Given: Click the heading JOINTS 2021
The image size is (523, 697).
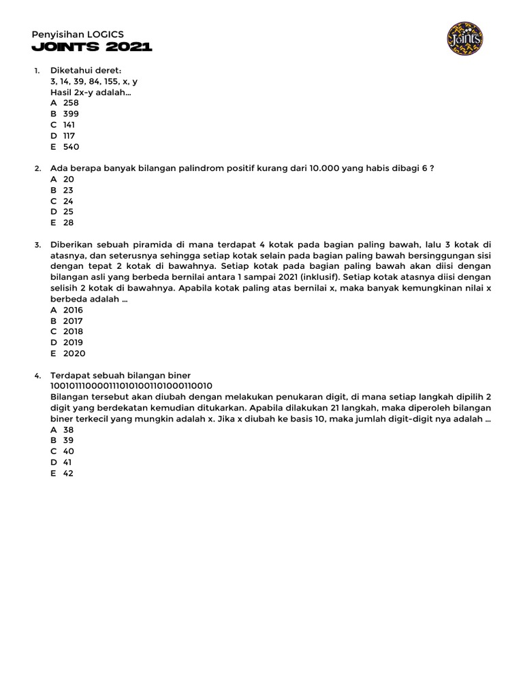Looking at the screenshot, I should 92,47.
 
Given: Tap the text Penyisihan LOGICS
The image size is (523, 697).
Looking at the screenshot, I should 78,33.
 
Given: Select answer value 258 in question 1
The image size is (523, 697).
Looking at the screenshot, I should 71,103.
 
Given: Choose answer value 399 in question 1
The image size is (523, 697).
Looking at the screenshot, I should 71,114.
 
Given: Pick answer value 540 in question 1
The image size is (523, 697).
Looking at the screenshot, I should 71,146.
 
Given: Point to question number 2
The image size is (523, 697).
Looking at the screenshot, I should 37,169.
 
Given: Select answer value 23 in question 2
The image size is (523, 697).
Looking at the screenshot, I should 68,190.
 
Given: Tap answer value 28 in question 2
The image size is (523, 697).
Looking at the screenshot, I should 68,223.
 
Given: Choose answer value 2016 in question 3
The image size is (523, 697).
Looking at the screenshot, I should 73,310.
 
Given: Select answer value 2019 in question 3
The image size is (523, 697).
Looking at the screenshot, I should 73,342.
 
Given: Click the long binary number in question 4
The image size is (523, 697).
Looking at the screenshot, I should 131,386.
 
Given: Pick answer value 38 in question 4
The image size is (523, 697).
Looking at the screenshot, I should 68,429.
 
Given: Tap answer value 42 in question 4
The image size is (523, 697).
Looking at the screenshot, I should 68,473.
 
